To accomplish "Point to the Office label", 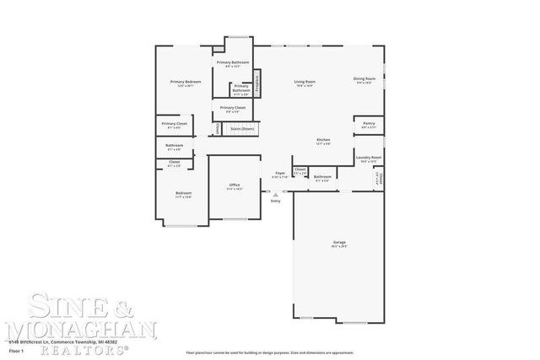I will coord(235,185).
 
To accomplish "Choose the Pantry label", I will coord(369,123).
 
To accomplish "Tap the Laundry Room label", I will coord(368,158).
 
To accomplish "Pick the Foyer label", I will coord(280,173).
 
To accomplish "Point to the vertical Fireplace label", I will coord(257,83).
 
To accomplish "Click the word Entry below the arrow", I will coord(275,201).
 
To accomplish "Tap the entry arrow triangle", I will coord(275,194).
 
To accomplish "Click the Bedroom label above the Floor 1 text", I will coord(183,193).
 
